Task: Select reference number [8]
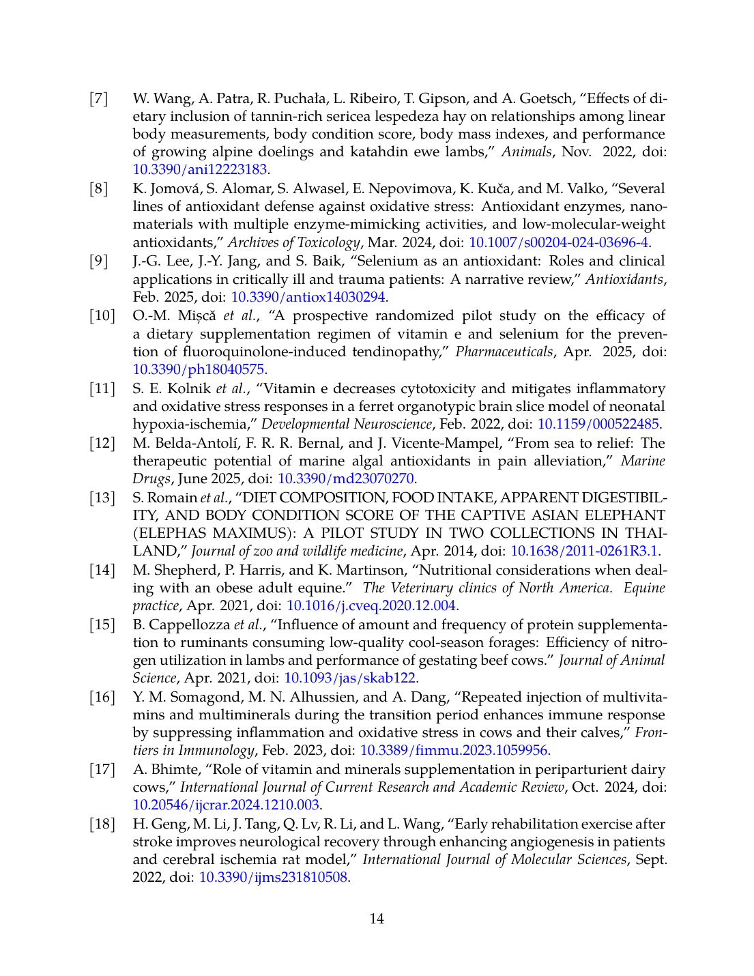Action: (x=99, y=188)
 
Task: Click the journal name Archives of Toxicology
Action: (x=293, y=242)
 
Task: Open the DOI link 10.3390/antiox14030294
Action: (x=308, y=297)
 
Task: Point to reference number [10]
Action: (x=102, y=315)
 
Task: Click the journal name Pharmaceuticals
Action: (x=504, y=351)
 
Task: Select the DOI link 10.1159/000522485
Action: (x=598, y=424)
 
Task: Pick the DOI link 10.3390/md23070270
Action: (x=345, y=478)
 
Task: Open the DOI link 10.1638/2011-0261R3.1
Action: (x=584, y=551)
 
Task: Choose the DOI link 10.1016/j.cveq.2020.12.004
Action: (x=371, y=605)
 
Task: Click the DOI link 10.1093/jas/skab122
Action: (x=349, y=678)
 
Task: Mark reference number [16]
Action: (x=102, y=697)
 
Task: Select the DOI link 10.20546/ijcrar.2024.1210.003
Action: (x=226, y=805)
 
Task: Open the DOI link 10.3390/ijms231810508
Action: (x=273, y=877)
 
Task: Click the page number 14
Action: (x=377, y=919)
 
